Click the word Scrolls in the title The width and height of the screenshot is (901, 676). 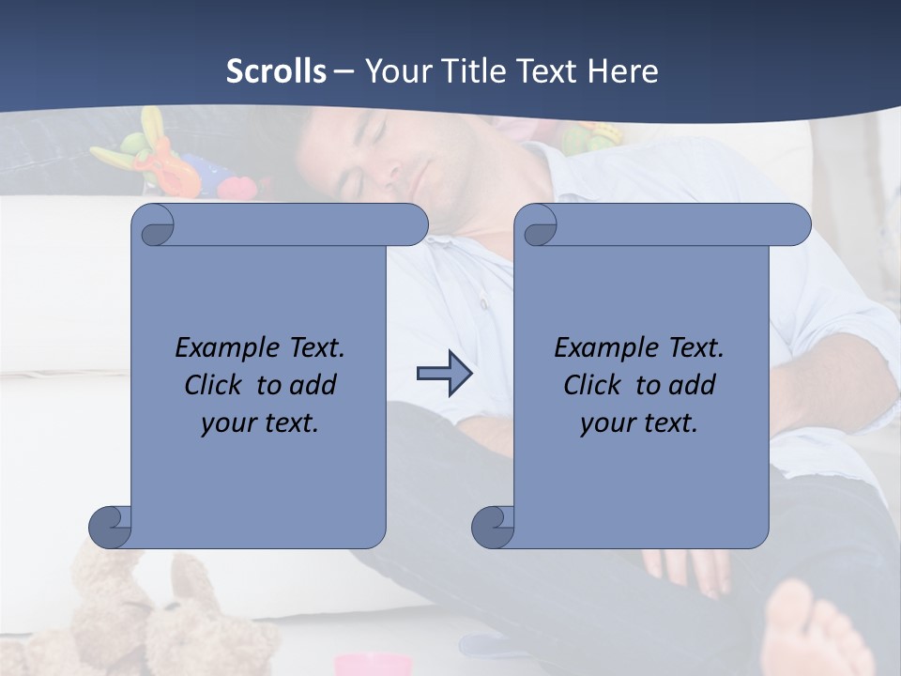(x=276, y=71)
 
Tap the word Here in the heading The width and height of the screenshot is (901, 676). (x=623, y=71)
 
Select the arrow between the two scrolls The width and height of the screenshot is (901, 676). (x=444, y=374)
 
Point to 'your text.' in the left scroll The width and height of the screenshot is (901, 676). (x=259, y=423)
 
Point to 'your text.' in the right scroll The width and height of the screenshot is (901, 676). (x=638, y=423)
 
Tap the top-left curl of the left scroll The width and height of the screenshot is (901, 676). (x=153, y=226)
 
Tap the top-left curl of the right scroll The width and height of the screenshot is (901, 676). (x=536, y=226)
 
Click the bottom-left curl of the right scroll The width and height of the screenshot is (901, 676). (x=492, y=527)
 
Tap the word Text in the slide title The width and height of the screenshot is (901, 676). (x=549, y=71)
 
